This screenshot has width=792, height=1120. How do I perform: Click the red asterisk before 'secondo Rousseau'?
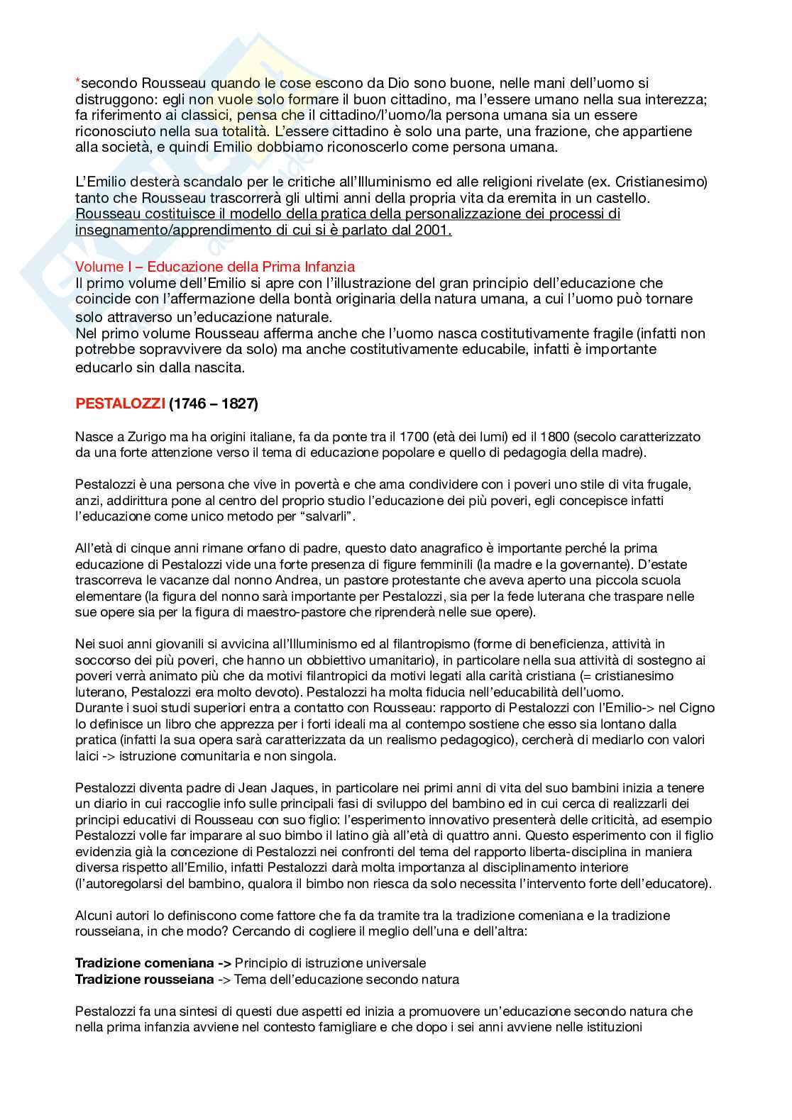click(x=78, y=82)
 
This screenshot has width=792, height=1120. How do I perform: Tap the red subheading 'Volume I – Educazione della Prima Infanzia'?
click(x=215, y=267)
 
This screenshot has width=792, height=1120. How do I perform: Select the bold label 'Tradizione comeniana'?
click(x=144, y=963)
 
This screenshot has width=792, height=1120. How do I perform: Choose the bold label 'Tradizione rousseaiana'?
click(x=144, y=980)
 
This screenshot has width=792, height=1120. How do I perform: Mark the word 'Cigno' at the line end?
click(x=696, y=708)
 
